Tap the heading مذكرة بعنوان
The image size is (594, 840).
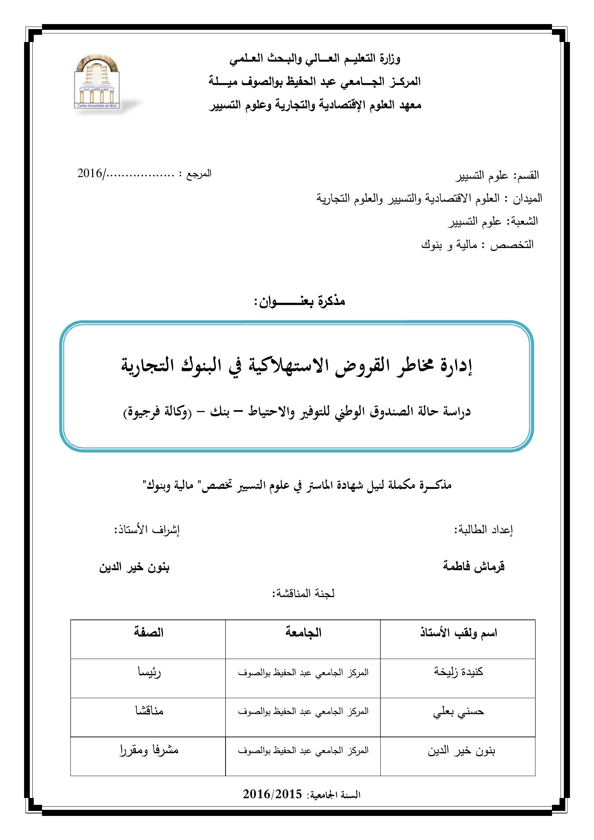(300, 301)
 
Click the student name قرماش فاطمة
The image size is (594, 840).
(474, 567)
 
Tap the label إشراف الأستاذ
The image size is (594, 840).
(147, 529)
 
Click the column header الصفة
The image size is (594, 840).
(148, 632)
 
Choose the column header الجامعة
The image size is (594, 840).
(303, 632)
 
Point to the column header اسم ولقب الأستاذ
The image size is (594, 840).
(458, 633)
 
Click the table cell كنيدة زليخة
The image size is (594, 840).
(458, 672)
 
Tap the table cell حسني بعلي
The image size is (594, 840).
(458, 711)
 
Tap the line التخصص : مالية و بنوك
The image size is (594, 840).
(477, 245)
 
